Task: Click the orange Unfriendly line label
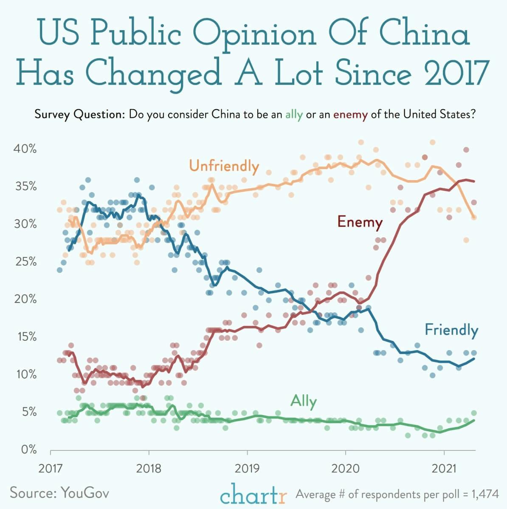224,166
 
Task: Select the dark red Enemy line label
360,222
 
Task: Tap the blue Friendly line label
451,330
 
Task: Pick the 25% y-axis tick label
26,262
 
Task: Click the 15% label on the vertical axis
26,337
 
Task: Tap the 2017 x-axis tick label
51,469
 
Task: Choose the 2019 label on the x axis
247,469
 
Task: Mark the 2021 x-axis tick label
444,469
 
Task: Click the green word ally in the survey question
294,115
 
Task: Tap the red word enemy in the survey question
350,115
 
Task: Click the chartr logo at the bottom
253,494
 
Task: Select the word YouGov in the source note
85,493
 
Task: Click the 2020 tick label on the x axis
345,469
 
